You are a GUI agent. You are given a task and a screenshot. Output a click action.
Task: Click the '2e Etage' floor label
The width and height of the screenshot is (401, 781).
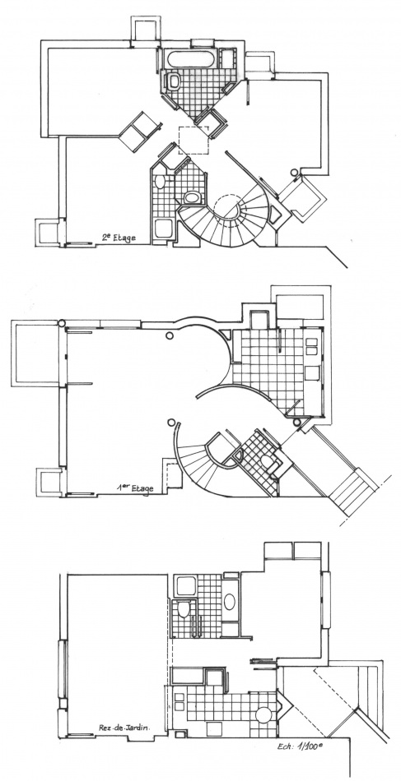coord(119,237)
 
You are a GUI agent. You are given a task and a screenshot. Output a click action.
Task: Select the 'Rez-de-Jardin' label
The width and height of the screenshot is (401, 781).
coord(124,728)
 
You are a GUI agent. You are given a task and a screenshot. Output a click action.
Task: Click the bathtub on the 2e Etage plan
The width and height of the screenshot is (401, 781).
coord(190,59)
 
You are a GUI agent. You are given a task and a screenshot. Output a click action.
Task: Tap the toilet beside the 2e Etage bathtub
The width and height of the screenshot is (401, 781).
coord(174,81)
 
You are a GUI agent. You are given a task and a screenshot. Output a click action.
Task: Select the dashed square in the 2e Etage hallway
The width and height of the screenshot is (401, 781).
coord(194,141)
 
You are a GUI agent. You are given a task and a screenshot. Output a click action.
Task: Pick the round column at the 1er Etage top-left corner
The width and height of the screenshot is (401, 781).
coord(62,323)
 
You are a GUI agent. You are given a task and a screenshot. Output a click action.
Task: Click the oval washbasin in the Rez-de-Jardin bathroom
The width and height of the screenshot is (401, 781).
coord(230,601)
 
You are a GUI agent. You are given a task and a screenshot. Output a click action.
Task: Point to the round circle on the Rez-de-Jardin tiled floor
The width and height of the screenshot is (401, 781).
coord(263,714)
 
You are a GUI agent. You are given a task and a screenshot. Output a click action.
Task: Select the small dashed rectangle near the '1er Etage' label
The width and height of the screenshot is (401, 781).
coord(173,476)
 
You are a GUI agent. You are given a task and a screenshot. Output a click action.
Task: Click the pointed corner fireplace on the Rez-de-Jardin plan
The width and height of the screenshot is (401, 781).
coord(284,706)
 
